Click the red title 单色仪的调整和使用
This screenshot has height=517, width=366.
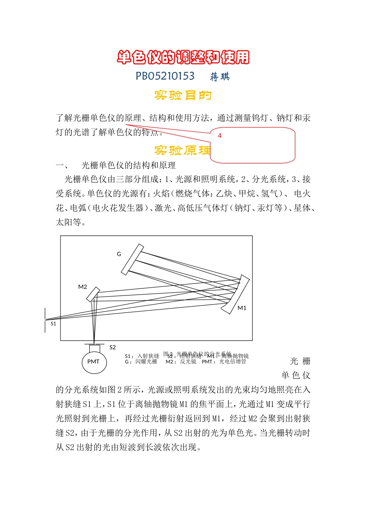coord(183,57)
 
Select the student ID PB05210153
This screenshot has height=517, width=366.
coord(165,76)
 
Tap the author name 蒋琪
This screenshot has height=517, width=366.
coord(220,77)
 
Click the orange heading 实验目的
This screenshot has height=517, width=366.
coord(183,95)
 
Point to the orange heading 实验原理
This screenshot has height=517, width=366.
coord(182,150)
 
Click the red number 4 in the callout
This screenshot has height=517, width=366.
coord(220,136)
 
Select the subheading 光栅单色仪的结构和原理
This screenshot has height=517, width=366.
coord(128,165)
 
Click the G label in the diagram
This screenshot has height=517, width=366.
coord(119,254)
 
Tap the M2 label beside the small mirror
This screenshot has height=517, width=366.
coord(82,287)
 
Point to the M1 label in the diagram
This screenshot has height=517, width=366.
coord(242,308)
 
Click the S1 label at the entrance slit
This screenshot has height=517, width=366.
coord(53,324)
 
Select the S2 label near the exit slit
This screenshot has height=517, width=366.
coord(112,347)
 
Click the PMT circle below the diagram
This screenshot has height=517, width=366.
coord(94,362)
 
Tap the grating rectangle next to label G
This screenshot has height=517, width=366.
coord(132,260)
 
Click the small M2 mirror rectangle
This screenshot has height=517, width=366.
coord(93,295)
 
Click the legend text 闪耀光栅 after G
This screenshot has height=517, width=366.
coord(146,362)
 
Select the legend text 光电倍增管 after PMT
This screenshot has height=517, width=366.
coord(233,362)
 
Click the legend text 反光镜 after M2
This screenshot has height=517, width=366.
coord(188,362)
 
